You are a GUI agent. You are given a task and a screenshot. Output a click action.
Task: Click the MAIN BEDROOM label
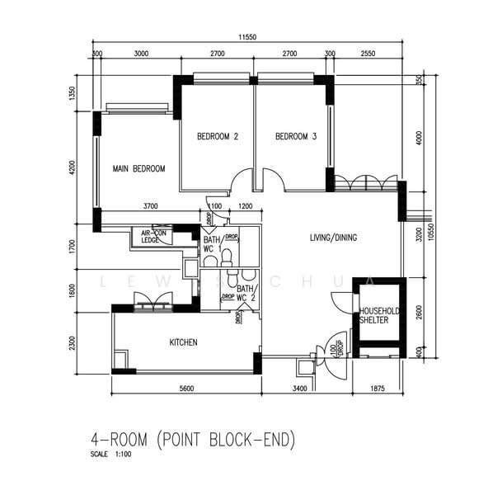[x=138, y=168]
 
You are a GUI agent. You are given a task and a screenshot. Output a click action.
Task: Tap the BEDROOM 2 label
[x=217, y=137]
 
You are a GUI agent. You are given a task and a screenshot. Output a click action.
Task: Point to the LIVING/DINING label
[x=333, y=238]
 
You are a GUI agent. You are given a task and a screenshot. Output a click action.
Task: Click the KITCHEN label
[x=183, y=342]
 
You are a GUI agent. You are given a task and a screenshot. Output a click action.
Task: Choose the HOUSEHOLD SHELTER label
[x=379, y=315]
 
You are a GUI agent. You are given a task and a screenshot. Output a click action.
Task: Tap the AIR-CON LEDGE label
[x=156, y=236]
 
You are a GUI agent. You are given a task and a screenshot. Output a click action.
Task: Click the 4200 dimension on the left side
[x=73, y=168]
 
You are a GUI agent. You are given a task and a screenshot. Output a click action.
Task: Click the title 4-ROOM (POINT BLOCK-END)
[x=193, y=440]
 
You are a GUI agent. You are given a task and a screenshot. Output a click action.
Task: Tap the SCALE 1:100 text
[x=111, y=455]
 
